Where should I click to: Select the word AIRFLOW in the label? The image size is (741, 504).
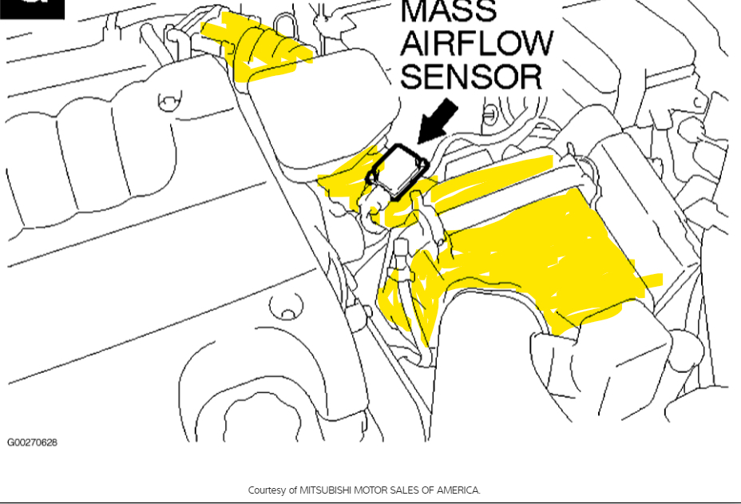476,43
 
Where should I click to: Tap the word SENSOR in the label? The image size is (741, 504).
471,77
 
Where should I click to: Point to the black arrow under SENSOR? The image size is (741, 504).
438,121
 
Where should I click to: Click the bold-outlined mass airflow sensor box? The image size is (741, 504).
397,170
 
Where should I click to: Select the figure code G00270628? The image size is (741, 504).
32,442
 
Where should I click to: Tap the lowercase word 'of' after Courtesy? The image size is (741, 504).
294,490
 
